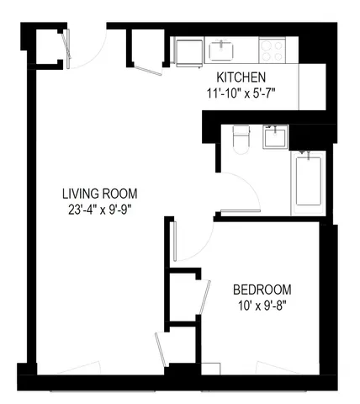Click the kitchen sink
click(222, 49)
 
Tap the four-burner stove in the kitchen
click(273, 49)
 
